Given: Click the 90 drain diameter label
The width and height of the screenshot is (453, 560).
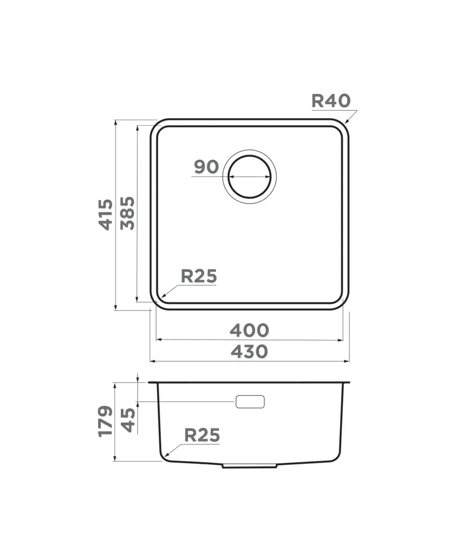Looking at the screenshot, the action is (x=206, y=167).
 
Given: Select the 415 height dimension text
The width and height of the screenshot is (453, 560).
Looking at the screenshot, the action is (x=106, y=215).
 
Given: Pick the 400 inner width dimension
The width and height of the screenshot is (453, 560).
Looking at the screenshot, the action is (x=250, y=330).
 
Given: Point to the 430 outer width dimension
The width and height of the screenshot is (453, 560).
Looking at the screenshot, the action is (x=250, y=352).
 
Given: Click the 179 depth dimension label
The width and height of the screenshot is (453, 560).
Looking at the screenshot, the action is (x=105, y=421).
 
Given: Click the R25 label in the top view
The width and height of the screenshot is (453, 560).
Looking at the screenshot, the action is (x=199, y=276).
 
